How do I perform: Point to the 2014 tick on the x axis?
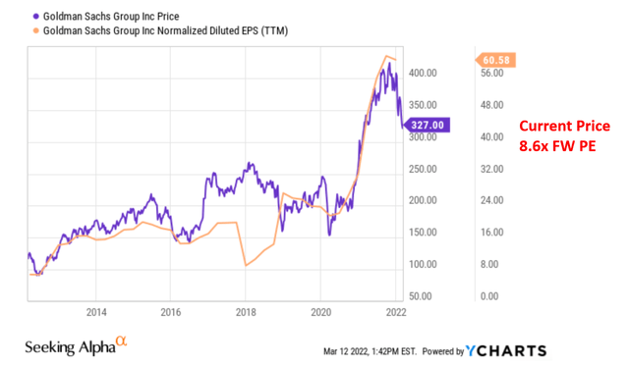pos(96,313)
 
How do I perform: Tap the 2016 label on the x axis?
pos(172,313)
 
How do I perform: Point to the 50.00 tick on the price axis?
pos(425,295)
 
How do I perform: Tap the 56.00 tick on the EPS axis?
pos(491,73)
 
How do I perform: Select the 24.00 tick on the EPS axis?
pos(491,200)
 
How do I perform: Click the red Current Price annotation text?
pos(565,127)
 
